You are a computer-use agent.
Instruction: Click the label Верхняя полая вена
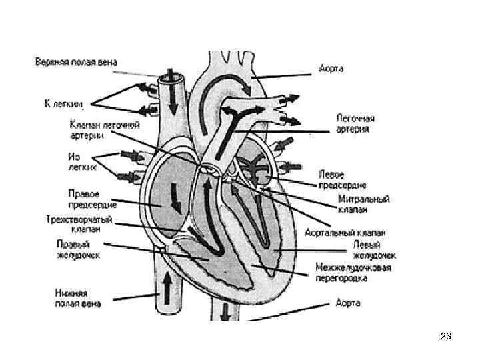coord(76,63)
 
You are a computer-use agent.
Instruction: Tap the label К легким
coord(63,103)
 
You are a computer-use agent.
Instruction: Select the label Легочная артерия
coord(353,123)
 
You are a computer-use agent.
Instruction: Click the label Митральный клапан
coord(363,203)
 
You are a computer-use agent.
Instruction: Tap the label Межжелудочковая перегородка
coord(353,272)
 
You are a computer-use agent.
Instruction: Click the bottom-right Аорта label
coord(347,303)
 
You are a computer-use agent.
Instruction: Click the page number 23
coord(446,337)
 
